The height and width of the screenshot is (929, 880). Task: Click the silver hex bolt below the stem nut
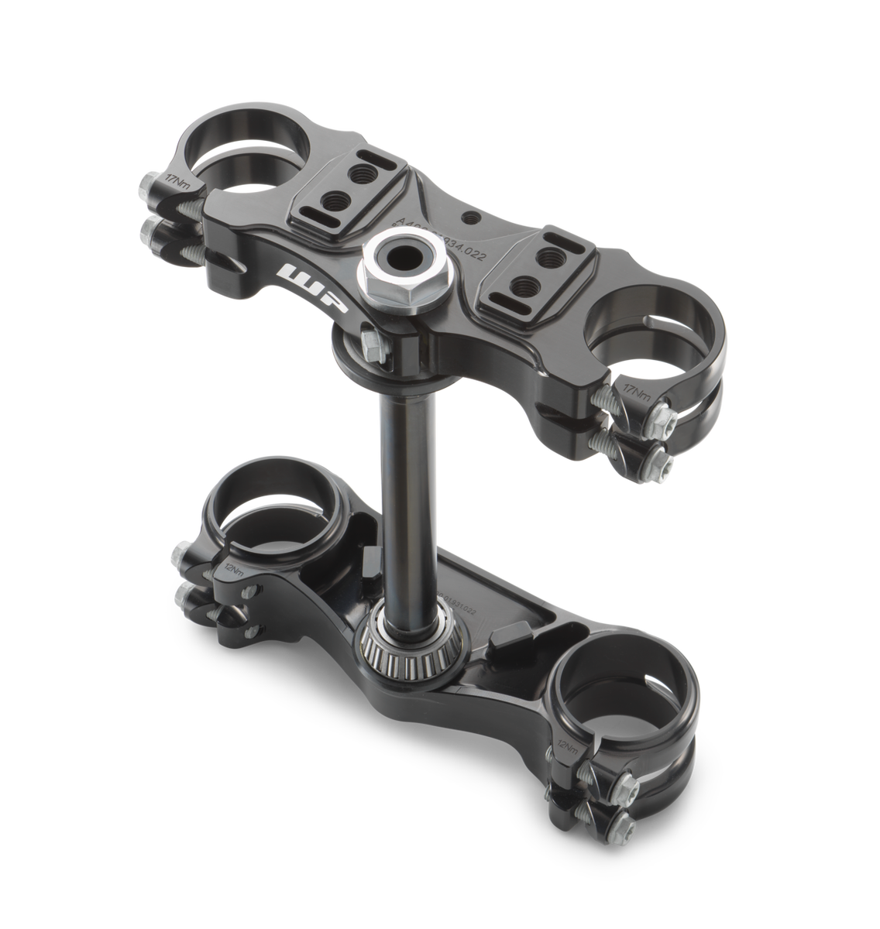coord(372,343)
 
